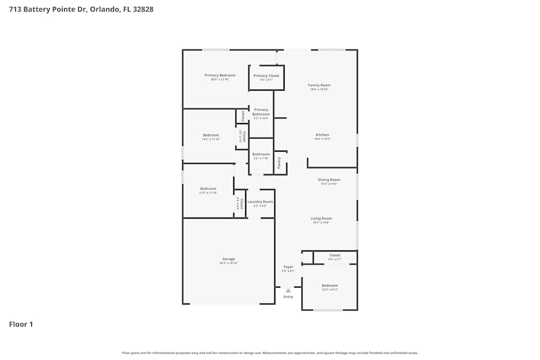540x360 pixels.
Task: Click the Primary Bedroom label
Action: (x=220, y=76)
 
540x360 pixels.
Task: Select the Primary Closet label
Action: (x=266, y=76)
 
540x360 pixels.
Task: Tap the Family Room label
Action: (x=319, y=85)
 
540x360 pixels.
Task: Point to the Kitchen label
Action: (x=322, y=135)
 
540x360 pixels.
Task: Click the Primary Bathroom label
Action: (x=261, y=112)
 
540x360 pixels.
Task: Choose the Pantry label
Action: (x=279, y=163)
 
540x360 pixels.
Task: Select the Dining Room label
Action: (x=328, y=180)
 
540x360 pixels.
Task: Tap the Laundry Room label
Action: (x=260, y=201)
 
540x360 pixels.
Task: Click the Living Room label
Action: (x=321, y=219)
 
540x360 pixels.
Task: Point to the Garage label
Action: (x=228, y=259)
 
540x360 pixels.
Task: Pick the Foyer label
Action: (x=288, y=267)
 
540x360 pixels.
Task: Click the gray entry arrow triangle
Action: (x=288, y=290)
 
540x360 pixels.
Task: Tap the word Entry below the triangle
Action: (x=288, y=296)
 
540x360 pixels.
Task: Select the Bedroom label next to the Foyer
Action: (x=329, y=286)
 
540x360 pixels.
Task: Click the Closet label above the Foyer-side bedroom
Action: (x=335, y=255)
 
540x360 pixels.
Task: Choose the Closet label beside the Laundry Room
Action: (x=241, y=203)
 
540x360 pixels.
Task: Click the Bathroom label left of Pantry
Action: (x=261, y=154)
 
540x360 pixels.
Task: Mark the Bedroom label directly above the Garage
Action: (x=208, y=188)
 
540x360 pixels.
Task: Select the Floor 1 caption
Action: (x=21, y=324)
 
